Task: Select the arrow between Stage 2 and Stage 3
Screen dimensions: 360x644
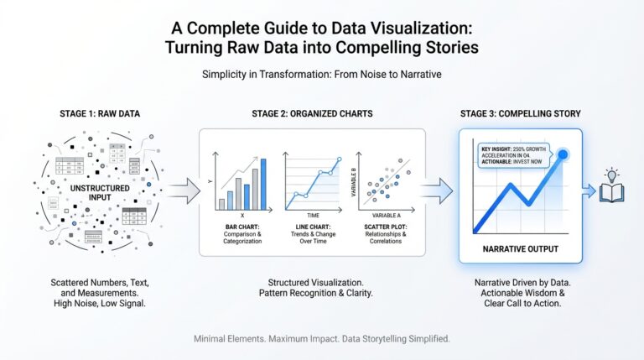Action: click(436, 190)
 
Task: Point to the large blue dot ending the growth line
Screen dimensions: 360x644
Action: click(563, 154)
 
